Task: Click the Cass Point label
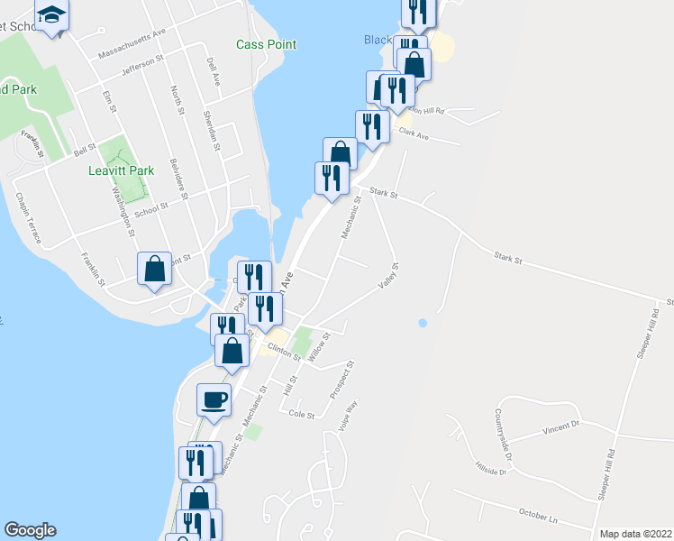(x=266, y=44)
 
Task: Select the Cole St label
(x=302, y=416)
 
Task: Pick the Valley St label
(x=388, y=276)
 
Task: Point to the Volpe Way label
(x=348, y=417)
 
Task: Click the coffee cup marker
(x=214, y=399)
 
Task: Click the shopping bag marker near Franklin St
(x=154, y=268)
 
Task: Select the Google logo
(x=30, y=530)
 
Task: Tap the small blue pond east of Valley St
(x=423, y=322)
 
